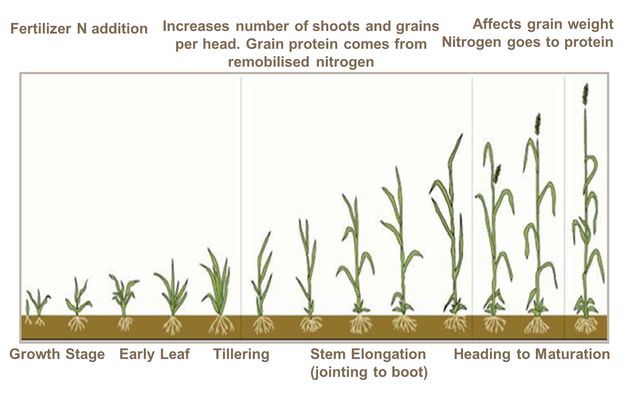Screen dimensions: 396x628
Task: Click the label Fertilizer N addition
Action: (x=79, y=29)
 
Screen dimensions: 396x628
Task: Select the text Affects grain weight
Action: (x=543, y=24)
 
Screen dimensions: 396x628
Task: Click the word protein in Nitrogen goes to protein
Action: (x=588, y=42)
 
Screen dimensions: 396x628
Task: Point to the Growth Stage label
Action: (x=57, y=354)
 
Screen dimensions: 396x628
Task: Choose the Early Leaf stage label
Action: (x=155, y=354)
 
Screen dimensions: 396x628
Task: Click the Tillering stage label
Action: (x=241, y=354)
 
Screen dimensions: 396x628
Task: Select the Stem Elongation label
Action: (x=368, y=354)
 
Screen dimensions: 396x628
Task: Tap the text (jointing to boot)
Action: (x=369, y=372)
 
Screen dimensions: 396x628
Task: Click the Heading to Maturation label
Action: (x=532, y=354)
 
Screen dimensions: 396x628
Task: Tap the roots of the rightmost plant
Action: (x=586, y=325)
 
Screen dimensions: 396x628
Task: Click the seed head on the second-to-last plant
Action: (x=538, y=124)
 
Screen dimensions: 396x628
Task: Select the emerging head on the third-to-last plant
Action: (x=497, y=173)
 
